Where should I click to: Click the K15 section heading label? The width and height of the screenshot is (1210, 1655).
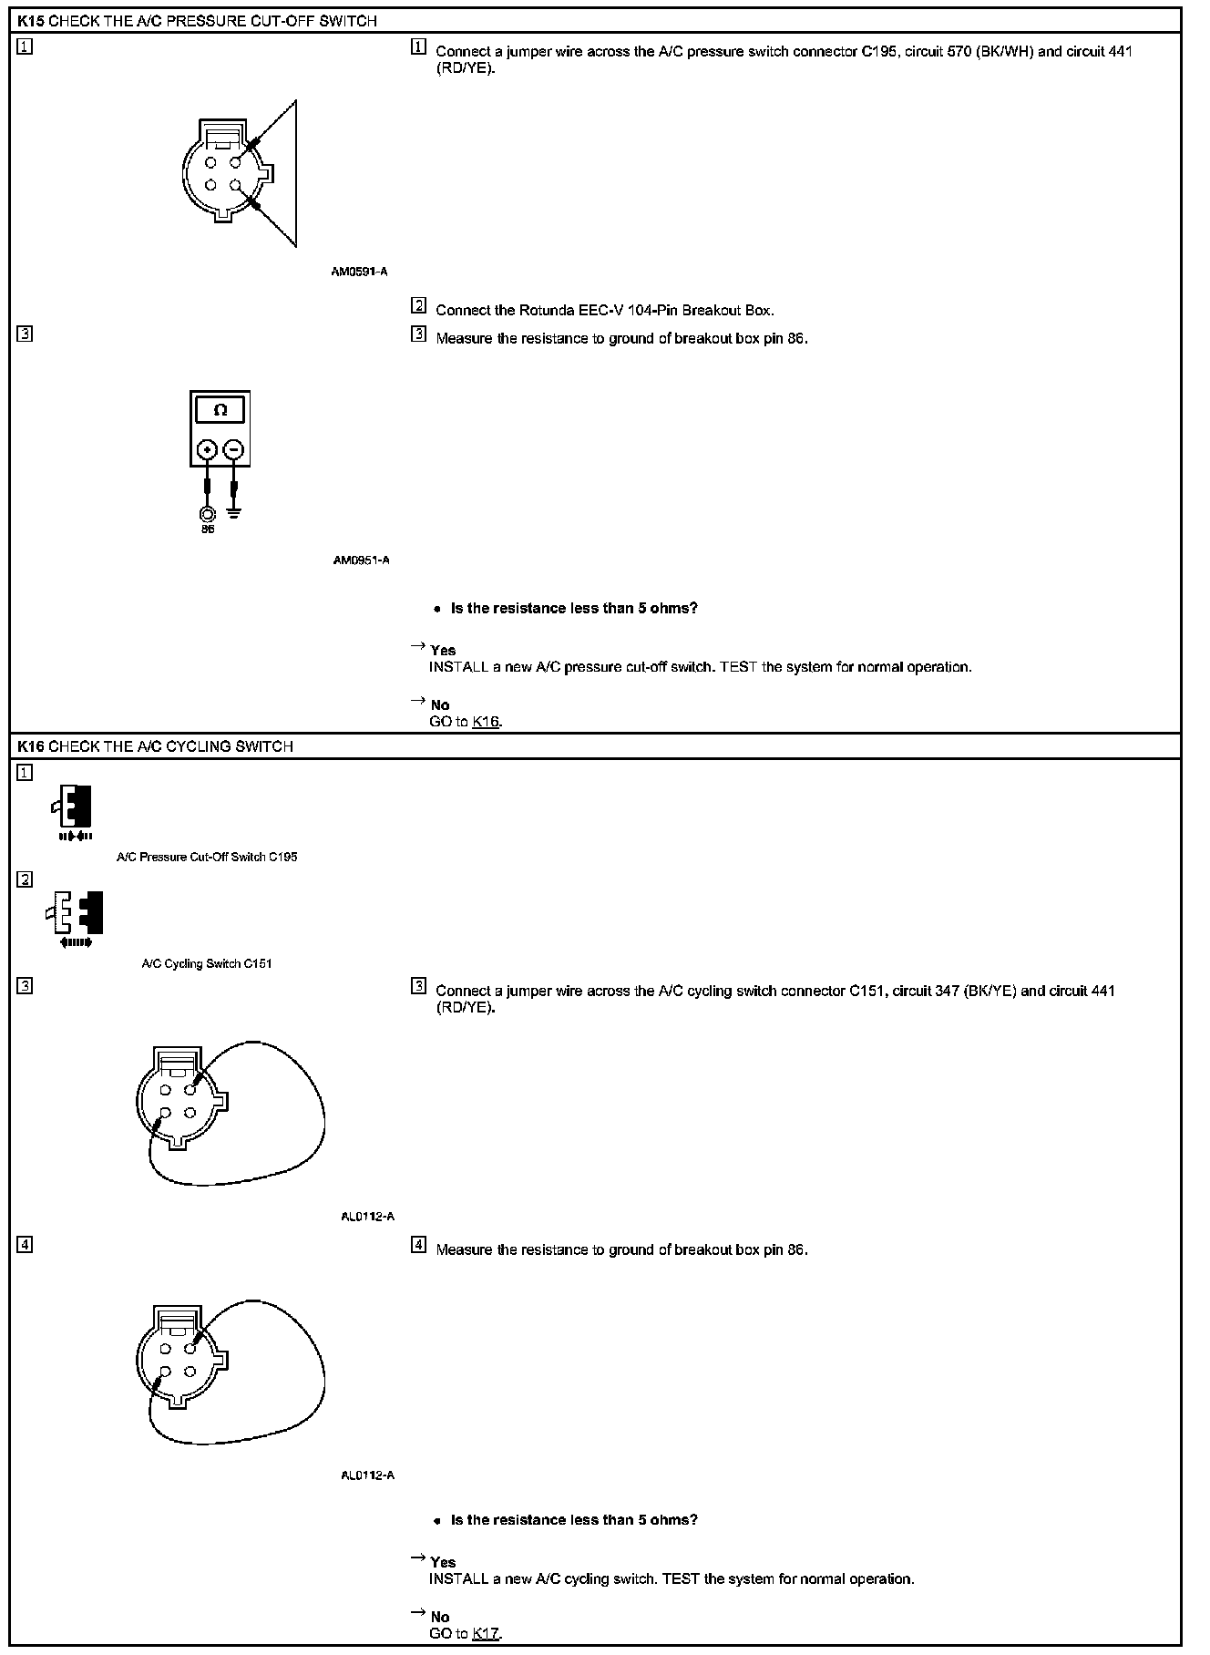point(30,21)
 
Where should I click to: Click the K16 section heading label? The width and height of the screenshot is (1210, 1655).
point(30,746)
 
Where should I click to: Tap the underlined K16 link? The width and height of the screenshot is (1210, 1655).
point(486,722)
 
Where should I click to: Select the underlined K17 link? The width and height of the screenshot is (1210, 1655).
point(487,1633)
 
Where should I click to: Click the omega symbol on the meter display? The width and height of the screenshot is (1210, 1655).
point(220,410)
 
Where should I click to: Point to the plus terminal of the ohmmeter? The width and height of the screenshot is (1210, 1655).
point(208,449)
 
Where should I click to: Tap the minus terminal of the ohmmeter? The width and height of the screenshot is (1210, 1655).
point(234,449)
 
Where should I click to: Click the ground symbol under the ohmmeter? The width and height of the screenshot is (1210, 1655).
point(235,512)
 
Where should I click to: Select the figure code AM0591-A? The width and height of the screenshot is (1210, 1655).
point(360,272)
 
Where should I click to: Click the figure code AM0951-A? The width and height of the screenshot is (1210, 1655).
point(361,560)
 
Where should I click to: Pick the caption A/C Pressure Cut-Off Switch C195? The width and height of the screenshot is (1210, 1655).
point(207,858)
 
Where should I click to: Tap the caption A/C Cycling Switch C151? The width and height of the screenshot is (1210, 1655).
point(207,964)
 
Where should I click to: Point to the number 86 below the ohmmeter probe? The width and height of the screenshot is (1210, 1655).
point(208,529)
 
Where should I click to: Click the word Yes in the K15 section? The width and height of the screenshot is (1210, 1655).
point(443,651)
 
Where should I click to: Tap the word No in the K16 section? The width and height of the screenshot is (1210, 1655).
point(440,1617)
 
